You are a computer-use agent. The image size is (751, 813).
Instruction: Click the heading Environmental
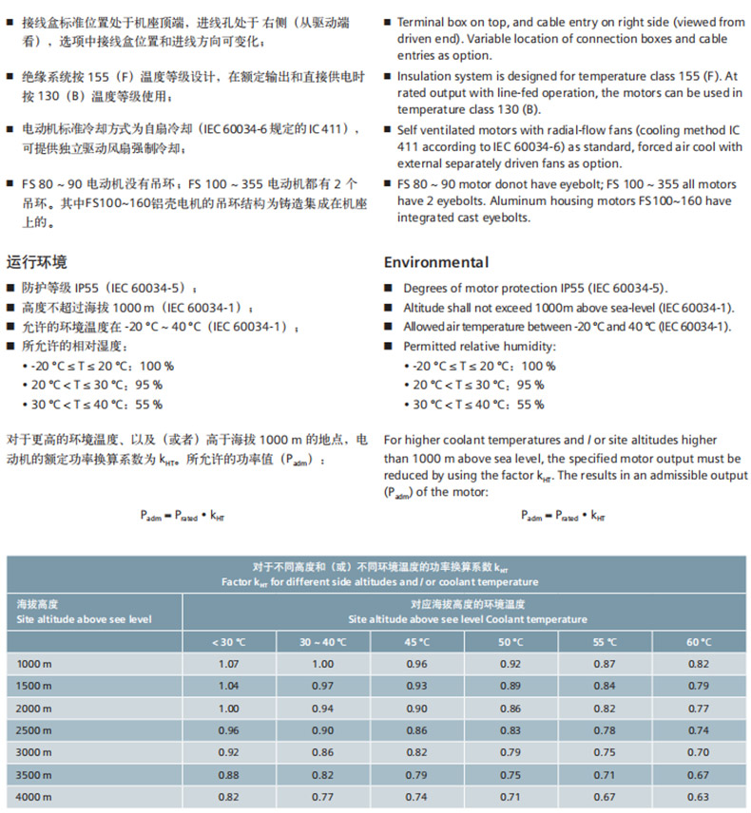tap(435, 263)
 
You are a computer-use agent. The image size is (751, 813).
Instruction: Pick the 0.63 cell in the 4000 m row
tap(699, 797)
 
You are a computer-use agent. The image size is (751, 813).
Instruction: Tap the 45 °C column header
tap(417, 641)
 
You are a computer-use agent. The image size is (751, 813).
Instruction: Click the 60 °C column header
tap(699, 641)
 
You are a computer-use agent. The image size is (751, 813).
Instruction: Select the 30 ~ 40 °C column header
tap(323, 641)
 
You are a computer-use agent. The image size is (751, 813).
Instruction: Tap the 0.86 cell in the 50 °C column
tap(510, 709)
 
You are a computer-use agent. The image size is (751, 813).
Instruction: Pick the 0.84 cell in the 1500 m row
tap(605, 686)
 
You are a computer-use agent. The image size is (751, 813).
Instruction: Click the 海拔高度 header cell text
tap(38, 604)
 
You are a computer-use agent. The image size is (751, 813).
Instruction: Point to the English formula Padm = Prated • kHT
tap(563, 516)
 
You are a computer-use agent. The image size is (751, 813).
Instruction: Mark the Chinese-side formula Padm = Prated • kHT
tap(186, 516)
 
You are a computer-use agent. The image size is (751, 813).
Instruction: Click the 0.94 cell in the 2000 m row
tap(323, 709)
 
